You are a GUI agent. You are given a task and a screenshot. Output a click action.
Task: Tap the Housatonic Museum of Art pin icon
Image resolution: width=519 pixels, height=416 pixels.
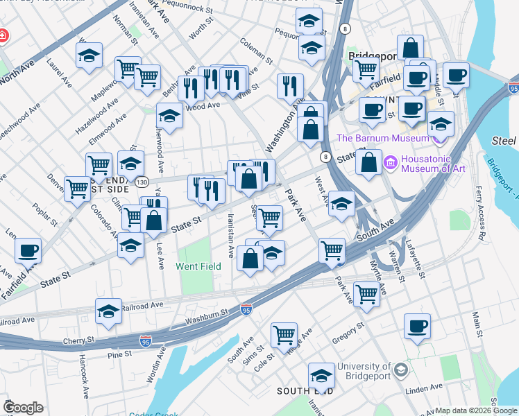(390, 164)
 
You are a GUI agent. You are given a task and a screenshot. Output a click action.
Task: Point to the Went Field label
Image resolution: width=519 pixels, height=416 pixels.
(198, 266)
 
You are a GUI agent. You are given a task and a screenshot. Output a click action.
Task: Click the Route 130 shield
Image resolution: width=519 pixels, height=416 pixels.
(142, 182)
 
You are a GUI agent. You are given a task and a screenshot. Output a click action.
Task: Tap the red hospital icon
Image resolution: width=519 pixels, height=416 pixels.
(3, 35)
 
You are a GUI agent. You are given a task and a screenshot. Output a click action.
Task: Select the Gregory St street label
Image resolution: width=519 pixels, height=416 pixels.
(348, 331)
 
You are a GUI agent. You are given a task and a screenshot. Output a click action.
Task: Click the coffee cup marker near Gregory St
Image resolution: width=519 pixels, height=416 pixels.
(417, 325)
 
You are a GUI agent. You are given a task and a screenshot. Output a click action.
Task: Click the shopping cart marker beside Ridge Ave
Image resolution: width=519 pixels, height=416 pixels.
(284, 335)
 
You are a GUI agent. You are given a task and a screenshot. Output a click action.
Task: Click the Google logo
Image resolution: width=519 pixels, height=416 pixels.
(23, 408)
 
